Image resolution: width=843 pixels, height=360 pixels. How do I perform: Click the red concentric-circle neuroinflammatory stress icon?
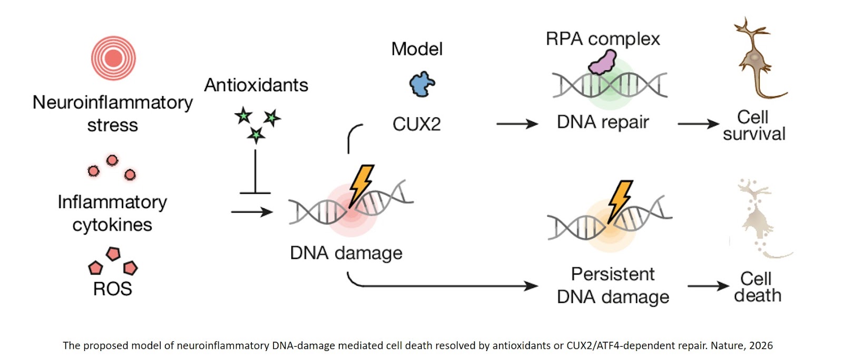click(113, 58)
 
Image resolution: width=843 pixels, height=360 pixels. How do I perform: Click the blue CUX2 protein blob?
click(422, 84)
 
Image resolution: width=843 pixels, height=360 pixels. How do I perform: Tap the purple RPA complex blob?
click(603, 62)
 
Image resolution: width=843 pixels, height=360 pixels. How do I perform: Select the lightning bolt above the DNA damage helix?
click(361, 185)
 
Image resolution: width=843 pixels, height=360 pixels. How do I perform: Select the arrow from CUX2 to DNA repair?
click(517, 124)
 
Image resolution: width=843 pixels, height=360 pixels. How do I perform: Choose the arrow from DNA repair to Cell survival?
click(698, 124)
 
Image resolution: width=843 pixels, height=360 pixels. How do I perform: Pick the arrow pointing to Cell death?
click(708, 286)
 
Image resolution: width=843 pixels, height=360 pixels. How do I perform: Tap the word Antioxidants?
click(256, 85)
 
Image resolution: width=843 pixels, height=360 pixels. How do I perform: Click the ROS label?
click(112, 289)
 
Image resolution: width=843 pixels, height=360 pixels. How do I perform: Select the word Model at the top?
click(417, 49)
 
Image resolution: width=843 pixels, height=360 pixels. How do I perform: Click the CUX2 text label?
click(416, 124)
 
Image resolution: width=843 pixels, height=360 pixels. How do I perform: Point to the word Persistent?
click(613, 275)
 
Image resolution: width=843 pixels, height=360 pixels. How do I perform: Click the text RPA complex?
click(603, 39)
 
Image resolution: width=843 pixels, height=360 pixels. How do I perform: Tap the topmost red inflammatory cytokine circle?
click(112, 160)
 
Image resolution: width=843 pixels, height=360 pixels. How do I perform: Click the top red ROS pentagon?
click(113, 254)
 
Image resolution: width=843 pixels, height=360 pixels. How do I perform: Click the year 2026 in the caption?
click(761, 346)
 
